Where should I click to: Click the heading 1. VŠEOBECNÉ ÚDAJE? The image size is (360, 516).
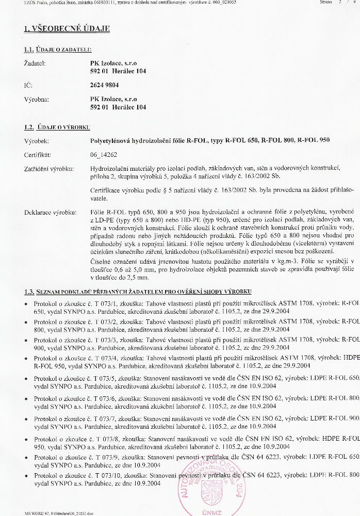tap(67, 29)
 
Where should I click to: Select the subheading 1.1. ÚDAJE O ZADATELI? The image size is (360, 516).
tap(58, 50)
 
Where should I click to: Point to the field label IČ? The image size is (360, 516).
tap(28, 85)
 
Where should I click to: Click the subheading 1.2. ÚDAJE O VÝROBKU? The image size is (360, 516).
tap(57, 126)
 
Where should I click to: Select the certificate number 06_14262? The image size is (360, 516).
tap(104, 154)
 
